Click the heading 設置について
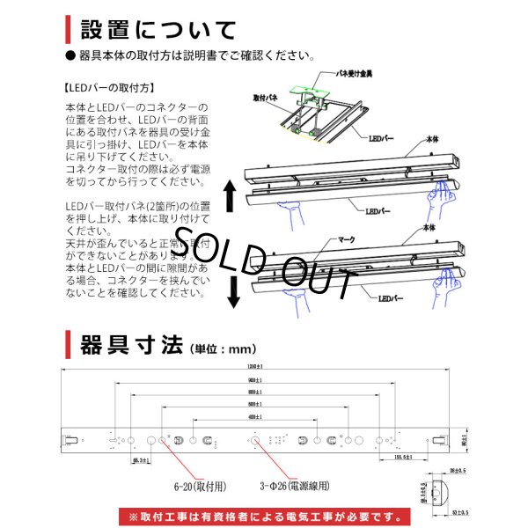(158, 29)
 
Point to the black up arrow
(231, 195)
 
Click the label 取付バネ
(266, 99)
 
